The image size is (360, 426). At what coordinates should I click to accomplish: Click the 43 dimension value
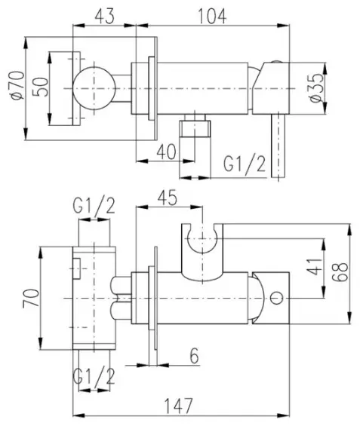point(104,17)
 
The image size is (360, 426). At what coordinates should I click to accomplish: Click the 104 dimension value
point(212,17)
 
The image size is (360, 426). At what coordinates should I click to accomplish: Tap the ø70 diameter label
point(17,86)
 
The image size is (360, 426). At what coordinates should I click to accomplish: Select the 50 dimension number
point(40,87)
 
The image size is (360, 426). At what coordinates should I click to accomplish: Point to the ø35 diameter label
point(317,88)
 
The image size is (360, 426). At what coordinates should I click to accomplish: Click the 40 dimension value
point(166,152)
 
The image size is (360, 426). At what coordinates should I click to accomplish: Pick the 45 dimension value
point(168,198)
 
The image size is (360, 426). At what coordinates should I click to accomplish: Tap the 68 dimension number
point(340,272)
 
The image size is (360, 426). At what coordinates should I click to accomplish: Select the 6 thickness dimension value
point(194,356)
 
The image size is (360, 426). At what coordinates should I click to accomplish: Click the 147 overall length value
point(179,406)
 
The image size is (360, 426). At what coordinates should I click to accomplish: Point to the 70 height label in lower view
point(31,298)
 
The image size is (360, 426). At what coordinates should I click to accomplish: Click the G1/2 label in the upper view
point(245,164)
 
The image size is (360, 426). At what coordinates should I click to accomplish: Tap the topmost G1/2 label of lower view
point(94,206)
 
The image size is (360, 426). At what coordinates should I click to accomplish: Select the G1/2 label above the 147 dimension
point(94,377)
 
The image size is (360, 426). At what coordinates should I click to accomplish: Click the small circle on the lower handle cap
point(276,298)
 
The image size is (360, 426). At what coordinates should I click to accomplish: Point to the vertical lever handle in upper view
point(278,146)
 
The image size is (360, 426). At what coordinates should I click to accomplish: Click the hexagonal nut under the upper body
point(195,129)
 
